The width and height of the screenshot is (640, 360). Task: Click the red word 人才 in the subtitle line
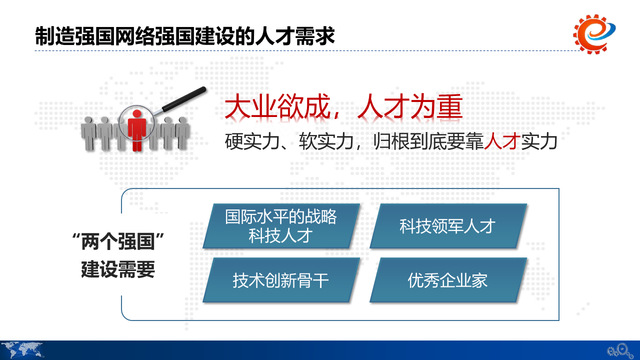496,141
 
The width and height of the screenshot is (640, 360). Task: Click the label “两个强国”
117,243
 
